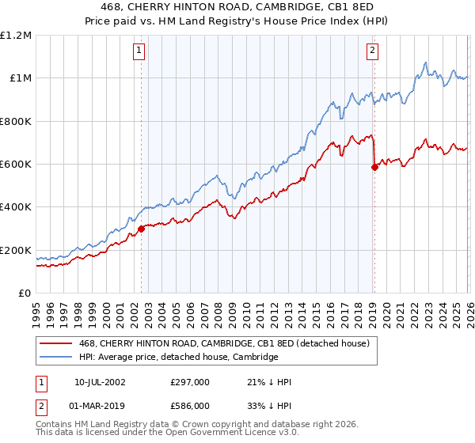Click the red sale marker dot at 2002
pos(141,229)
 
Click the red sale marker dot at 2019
pos(374,167)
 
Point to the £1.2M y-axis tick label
pos(16,36)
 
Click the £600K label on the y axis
pos(16,165)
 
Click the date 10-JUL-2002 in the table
pos(101,382)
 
